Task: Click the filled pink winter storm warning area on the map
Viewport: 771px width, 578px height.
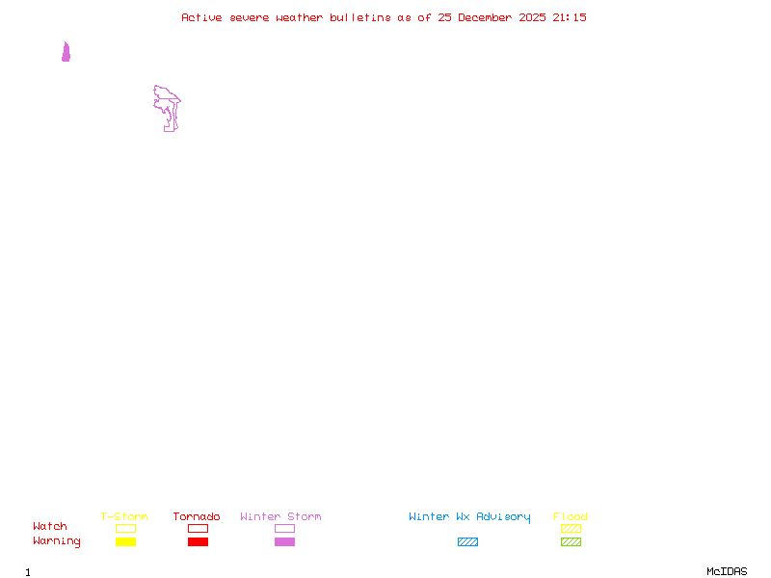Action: pos(66,54)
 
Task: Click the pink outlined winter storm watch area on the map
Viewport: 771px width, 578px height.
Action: pos(169,106)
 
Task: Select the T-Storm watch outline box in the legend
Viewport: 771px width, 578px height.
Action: pos(125,528)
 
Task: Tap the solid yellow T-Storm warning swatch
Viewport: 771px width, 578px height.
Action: pos(125,541)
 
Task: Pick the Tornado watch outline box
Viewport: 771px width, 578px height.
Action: pos(198,528)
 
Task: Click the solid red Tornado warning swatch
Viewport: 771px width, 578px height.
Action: pos(198,541)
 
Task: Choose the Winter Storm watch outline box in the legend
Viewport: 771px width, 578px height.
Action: pos(284,528)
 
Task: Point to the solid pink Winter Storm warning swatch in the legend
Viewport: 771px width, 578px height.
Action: pos(284,541)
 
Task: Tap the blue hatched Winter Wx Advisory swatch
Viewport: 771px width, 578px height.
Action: pos(467,541)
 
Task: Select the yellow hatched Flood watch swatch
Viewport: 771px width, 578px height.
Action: pos(571,528)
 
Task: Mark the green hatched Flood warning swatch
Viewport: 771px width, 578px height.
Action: pos(571,541)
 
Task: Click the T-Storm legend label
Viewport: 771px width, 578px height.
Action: pos(124,516)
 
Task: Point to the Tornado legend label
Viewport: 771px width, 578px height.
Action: pos(197,516)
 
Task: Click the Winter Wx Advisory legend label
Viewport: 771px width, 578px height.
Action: pos(469,516)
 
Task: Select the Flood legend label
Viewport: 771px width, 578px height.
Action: pos(571,516)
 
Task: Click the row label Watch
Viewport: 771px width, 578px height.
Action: pos(50,527)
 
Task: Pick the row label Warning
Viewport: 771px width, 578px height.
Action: pos(57,541)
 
